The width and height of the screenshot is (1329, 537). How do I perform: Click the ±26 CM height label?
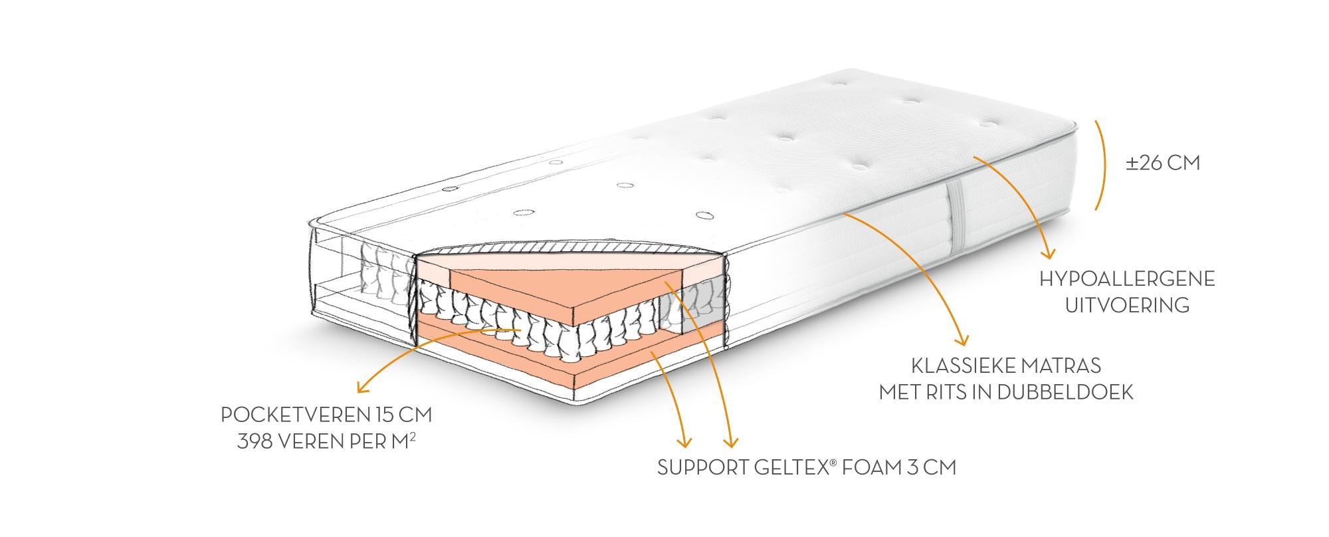(1163, 163)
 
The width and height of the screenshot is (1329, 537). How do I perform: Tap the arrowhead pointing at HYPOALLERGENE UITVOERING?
(1049, 254)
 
